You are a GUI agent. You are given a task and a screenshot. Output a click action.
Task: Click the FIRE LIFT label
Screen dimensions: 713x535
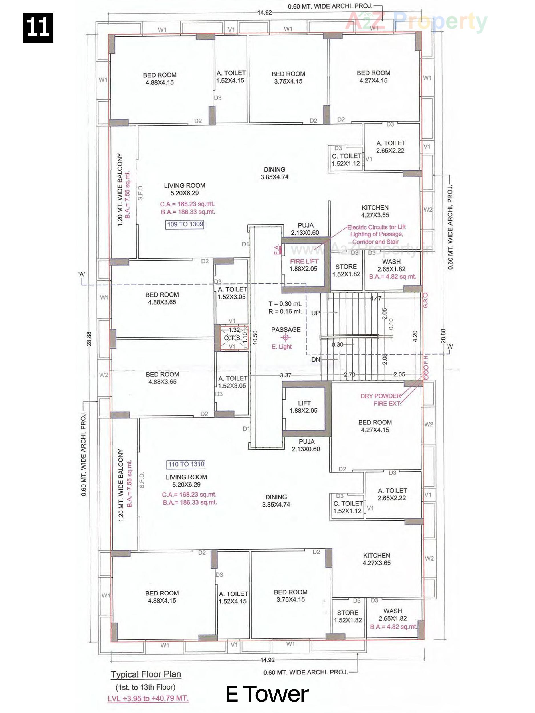(304, 261)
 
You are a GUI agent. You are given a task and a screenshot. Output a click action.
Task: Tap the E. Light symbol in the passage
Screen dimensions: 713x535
(285, 337)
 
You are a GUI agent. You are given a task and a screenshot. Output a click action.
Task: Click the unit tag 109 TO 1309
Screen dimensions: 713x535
(185, 224)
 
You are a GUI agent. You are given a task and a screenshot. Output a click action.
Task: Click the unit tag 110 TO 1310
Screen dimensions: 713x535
(186, 464)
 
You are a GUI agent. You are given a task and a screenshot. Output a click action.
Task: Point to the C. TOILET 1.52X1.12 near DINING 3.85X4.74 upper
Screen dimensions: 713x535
(346, 159)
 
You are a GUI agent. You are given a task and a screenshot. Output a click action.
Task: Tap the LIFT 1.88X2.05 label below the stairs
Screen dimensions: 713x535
(304, 407)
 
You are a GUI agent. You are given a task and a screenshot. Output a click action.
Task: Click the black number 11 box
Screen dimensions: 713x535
(38, 28)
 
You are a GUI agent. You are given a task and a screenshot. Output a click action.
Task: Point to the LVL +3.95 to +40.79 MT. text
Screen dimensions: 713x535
(148, 698)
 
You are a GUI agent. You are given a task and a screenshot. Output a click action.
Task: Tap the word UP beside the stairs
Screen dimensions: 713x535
(315, 313)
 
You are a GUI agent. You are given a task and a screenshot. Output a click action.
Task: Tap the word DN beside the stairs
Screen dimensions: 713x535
(316, 359)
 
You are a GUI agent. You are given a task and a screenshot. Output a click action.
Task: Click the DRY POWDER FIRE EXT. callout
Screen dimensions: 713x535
(381, 400)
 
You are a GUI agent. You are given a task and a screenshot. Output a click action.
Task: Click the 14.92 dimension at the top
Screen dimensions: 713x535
(265, 13)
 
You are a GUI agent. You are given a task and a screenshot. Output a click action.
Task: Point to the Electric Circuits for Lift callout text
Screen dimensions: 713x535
(376, 234)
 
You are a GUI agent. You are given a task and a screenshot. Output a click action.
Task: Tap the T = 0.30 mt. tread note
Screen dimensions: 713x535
(285, 304)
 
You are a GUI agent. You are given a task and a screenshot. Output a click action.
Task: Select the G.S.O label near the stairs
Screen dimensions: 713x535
(425, 300)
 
